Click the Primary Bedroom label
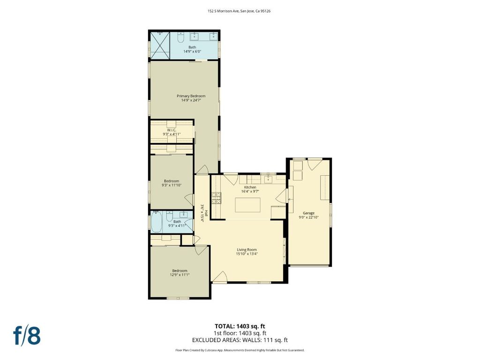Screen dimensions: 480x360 coord(191,96)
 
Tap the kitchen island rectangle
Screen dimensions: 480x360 coord(247,205)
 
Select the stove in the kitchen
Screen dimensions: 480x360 coord(216,198)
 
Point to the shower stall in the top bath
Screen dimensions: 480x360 coord(159,45)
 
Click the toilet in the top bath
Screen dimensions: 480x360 coord(180,37)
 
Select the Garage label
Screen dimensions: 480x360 coord(308,213)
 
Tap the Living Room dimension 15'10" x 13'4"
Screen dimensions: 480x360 coord(247,254)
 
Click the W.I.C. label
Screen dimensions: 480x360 coord(172,130)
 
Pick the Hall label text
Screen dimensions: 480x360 coord(207,213)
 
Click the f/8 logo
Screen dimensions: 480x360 coord(27,336)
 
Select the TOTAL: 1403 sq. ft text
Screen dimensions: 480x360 coord(240,326)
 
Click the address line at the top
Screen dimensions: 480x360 coord(239,11)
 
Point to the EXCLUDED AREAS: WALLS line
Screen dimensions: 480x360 coord(240,340)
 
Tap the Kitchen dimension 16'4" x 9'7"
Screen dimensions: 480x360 coord(250,191)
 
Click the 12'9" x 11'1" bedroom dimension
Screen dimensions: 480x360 coord(180,275)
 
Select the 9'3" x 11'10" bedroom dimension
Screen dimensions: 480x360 coord(172,185)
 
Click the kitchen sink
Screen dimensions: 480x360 coord(269,179)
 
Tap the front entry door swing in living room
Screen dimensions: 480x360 coord(219,277)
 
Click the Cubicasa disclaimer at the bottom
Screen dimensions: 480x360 coord(240,350)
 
